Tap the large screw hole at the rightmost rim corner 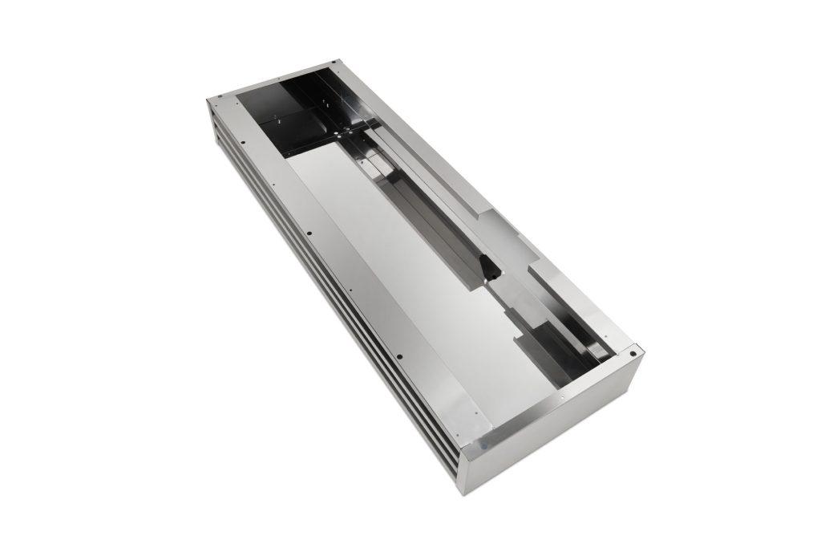[x=633, y=351]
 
